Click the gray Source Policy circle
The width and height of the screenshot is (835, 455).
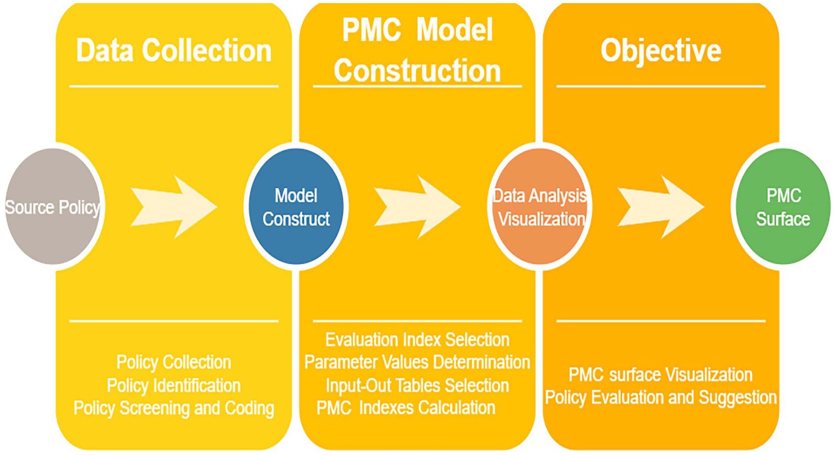(52, 206)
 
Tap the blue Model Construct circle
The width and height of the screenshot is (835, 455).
(296, 206)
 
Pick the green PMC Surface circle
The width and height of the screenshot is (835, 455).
(783, 206)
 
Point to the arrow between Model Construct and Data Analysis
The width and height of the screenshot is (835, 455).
(417, 206)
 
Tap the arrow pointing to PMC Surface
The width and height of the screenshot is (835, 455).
(661, 206)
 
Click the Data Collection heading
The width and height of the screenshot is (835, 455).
(174, 51)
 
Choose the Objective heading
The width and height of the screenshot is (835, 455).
(661, 51)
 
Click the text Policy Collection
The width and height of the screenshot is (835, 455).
(174, 362)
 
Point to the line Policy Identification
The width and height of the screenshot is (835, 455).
(174, 385)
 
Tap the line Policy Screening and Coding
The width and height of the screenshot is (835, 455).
(174, 408)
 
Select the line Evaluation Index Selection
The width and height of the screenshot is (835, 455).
(417, 339)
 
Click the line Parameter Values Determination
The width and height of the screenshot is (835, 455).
(417, 362)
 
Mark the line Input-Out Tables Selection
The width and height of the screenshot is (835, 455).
(417, 385)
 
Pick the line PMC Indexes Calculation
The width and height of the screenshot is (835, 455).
(406, 408)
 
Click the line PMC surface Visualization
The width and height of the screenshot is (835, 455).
(661, 374)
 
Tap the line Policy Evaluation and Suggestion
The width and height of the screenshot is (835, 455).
(661, 397)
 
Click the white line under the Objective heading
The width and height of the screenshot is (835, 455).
(661, 86)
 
